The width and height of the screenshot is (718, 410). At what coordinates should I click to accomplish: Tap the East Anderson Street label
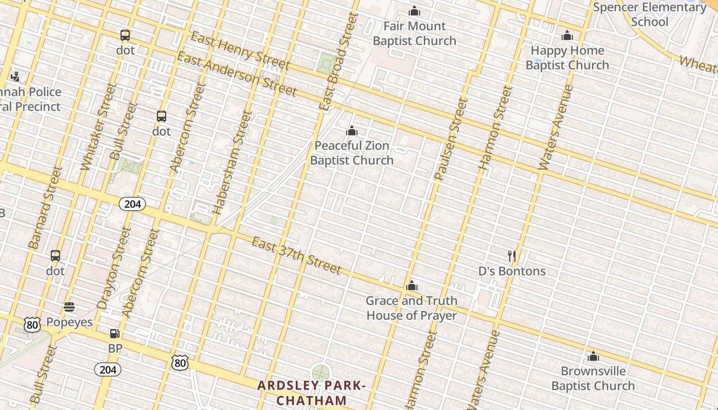(236, 74)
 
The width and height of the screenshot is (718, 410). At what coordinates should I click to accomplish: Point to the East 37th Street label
(296, 255)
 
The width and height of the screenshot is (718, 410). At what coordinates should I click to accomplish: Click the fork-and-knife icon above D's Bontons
(511, 256)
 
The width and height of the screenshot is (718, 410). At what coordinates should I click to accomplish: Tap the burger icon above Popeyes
(69, 307)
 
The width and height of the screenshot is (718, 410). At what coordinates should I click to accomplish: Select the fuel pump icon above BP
(115, 334)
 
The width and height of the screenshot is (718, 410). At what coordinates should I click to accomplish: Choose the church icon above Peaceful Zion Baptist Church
(351, 131)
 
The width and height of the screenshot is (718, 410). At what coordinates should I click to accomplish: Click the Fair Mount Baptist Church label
(414, 33)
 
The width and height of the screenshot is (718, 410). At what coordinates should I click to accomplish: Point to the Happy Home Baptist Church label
(567, 57)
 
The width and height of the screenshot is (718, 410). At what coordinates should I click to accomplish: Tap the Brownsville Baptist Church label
(593, 378)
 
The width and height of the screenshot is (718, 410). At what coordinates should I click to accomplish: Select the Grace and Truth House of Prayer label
(411, 307)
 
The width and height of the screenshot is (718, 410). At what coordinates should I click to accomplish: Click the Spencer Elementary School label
(649, 14)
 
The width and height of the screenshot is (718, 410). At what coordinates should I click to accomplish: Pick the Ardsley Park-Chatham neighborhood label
(311, 393)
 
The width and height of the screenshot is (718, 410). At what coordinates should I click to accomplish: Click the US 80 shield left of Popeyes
(32, 324)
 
